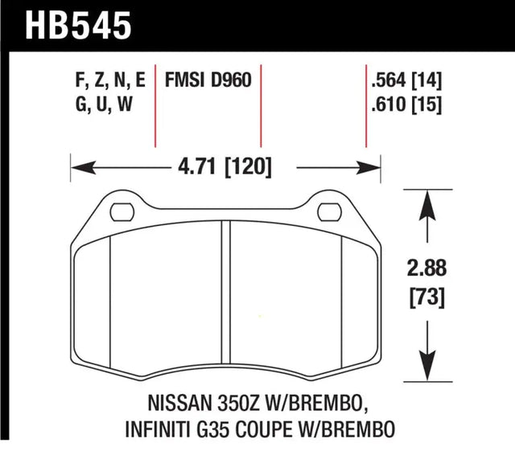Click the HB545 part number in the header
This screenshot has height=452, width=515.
pyautogui.click(x=78, y=24)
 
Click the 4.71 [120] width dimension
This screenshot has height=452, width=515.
pyautogui.click(x=221, y=168)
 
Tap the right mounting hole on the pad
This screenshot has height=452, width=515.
pyautogui.click(x=331, y=213)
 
